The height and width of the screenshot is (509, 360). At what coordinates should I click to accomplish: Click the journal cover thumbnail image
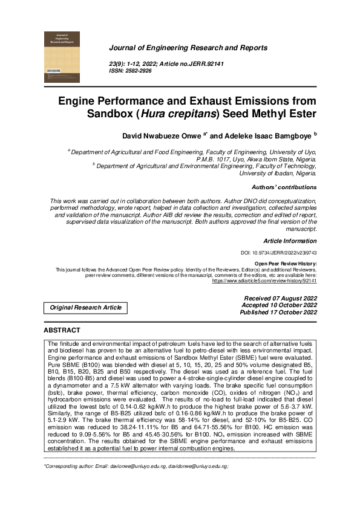coord(62,57)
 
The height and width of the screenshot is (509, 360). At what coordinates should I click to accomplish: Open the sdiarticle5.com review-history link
coord(264,281)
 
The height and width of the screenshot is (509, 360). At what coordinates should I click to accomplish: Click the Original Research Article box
coord(85,308)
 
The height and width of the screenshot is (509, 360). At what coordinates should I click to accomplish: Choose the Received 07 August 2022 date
coord(280,299)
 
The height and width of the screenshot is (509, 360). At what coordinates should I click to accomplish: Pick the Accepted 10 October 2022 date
coord(279,306)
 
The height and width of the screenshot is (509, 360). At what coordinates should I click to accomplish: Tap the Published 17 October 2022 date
coord(278,313)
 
